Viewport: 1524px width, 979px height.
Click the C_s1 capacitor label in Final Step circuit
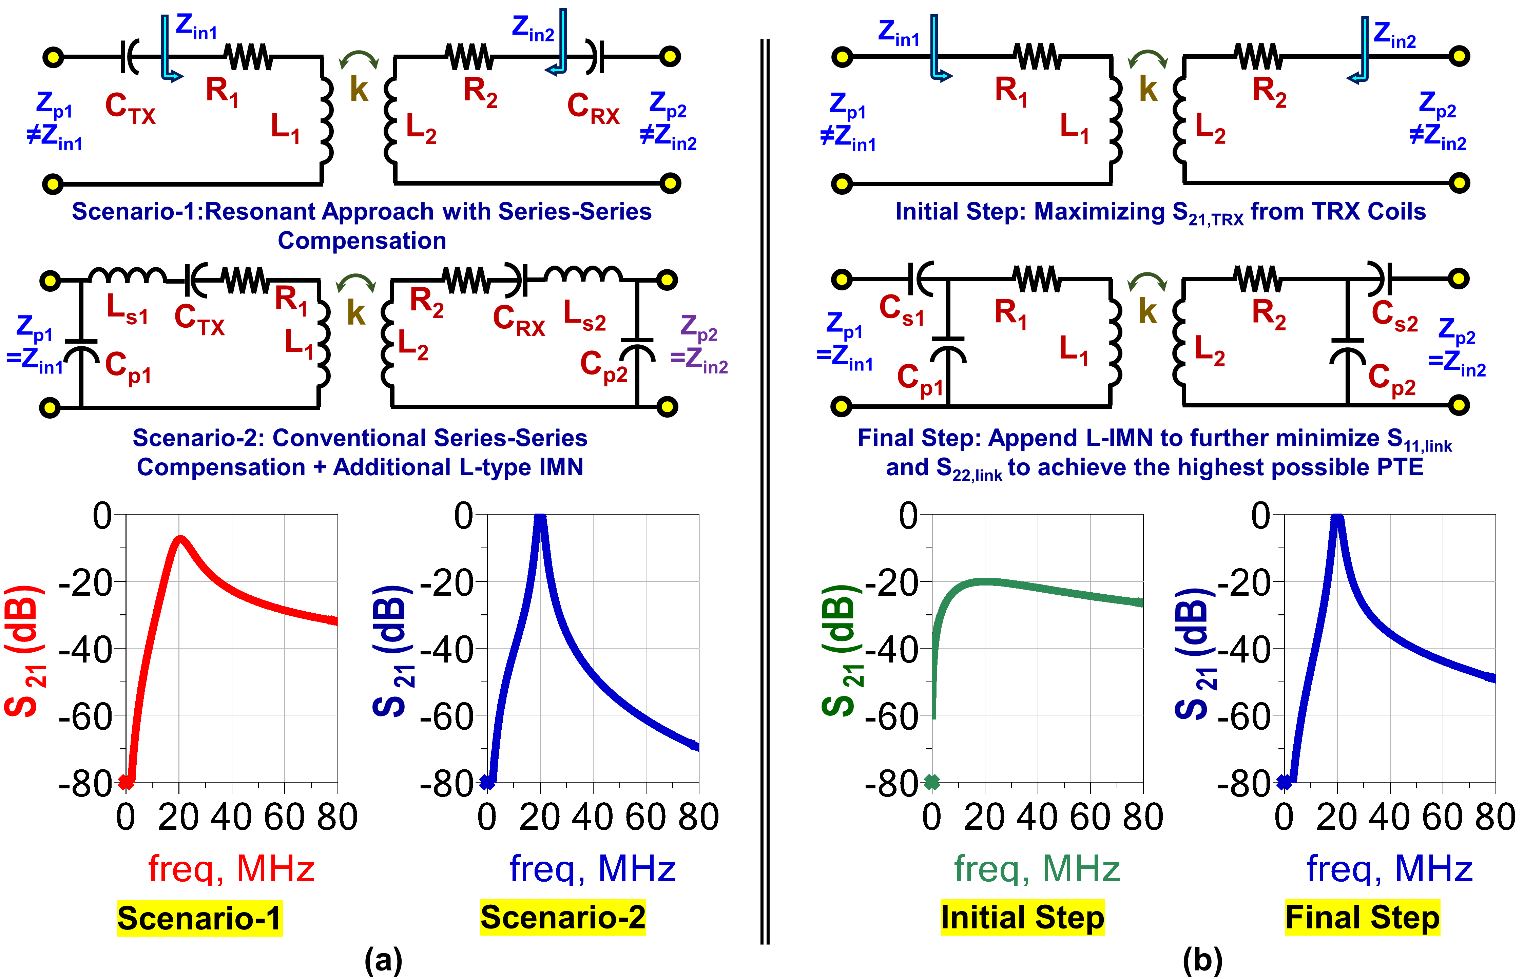point(901,310)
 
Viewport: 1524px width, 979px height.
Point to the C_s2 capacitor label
point(1394,315)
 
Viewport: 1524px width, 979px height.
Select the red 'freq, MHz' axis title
point(231,868)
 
